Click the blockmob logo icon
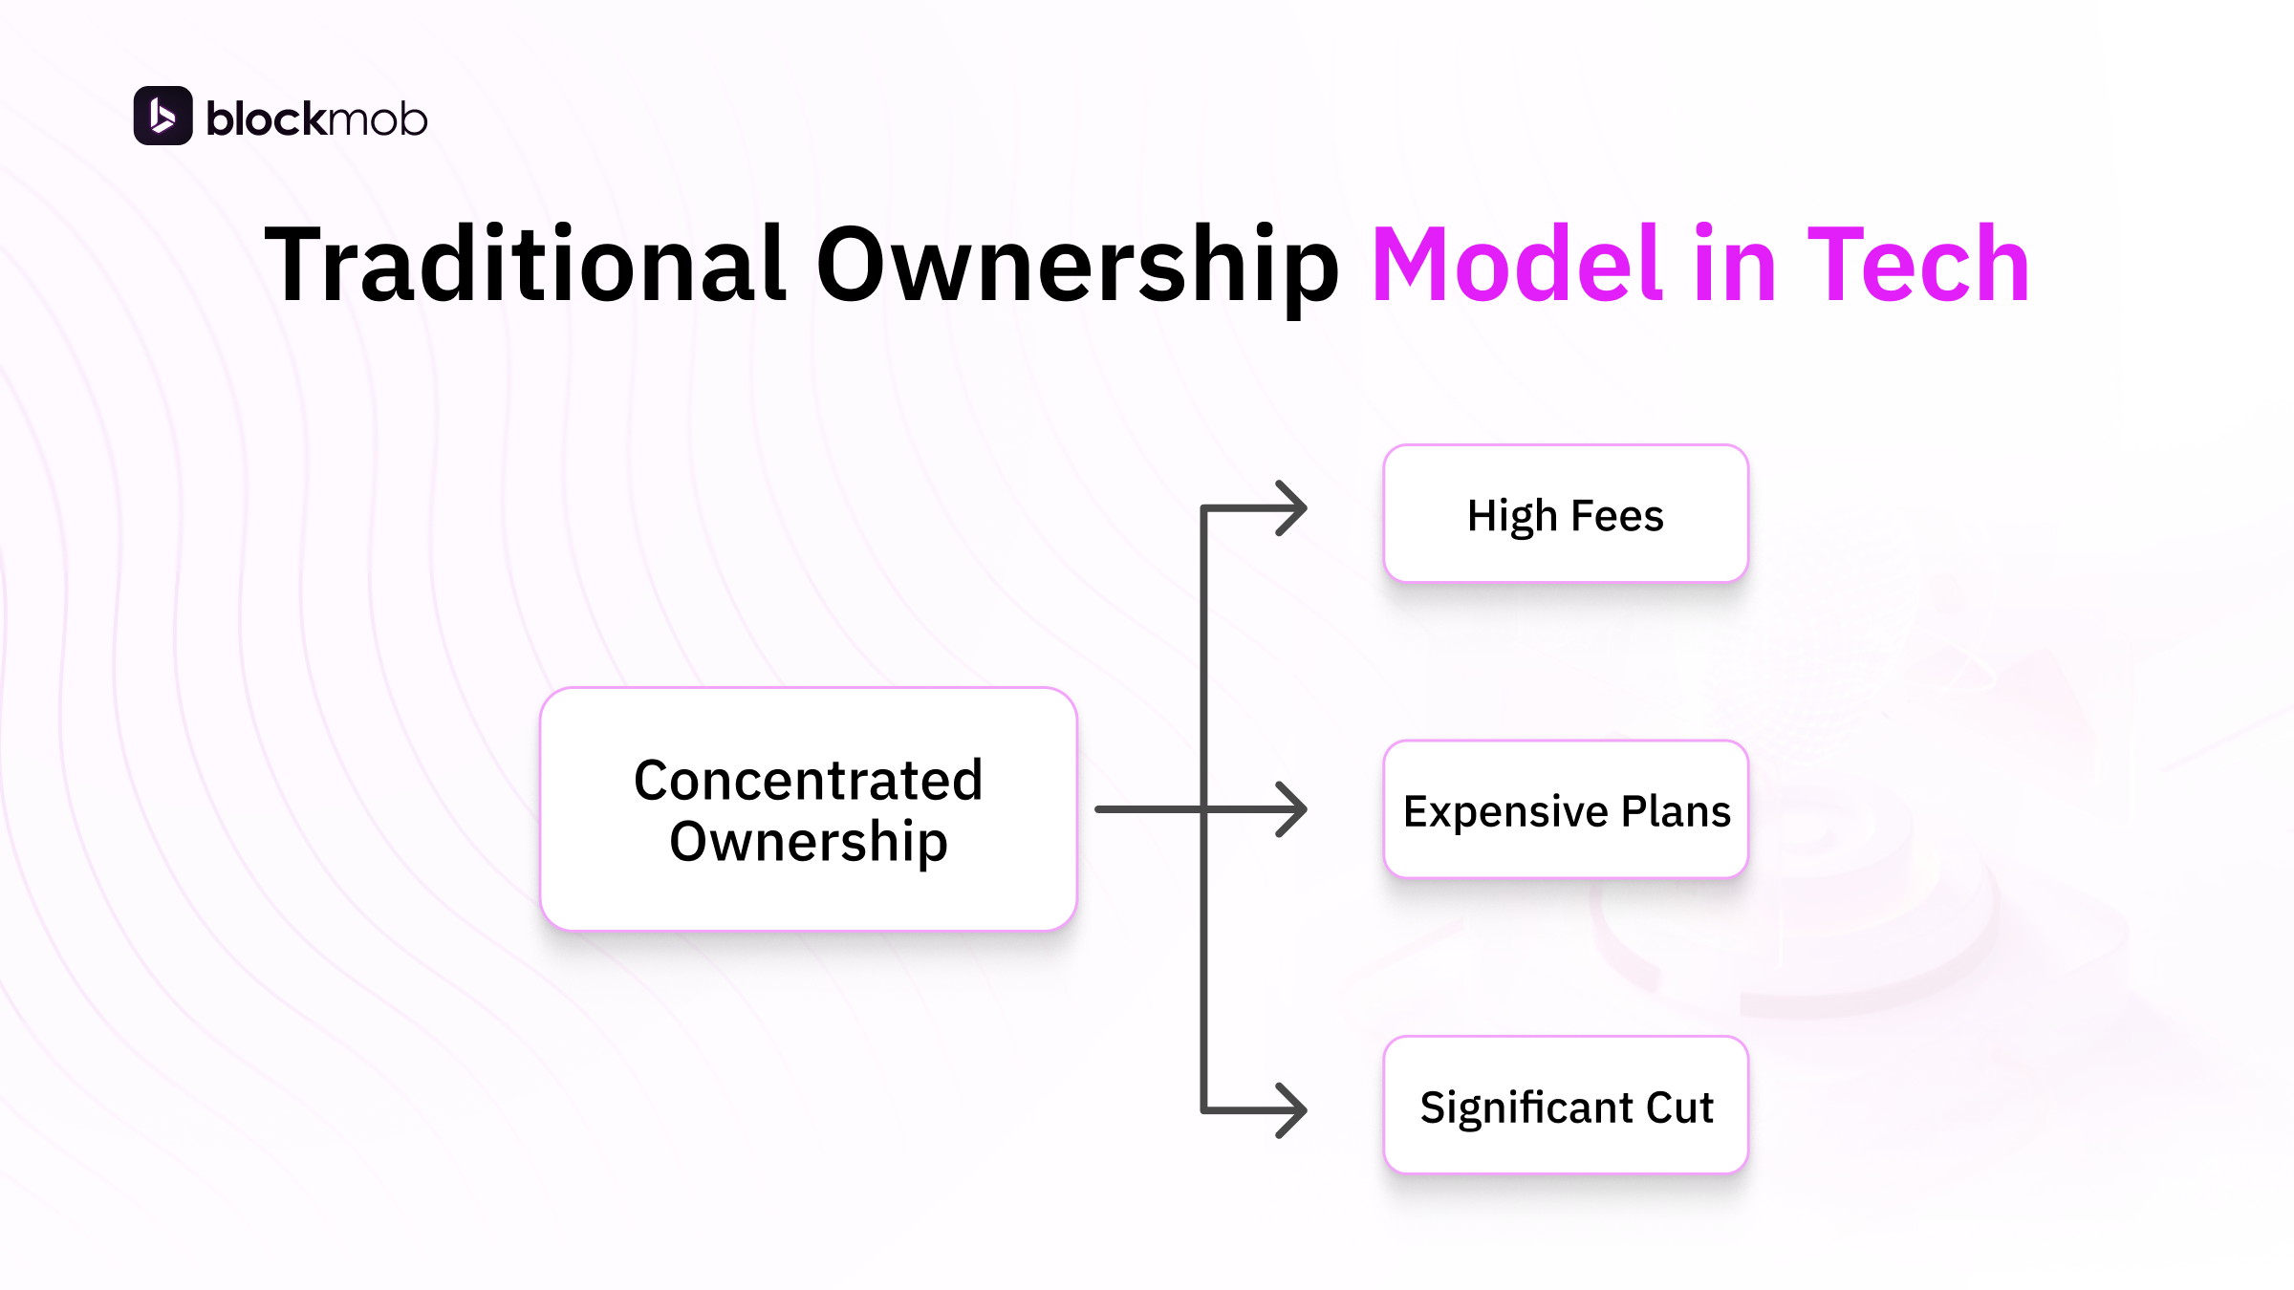pos(162,116)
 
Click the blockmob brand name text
pos(316,119)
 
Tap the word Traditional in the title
pos(525,265)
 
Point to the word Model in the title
pos(1517,265)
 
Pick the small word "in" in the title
pos(1734,265)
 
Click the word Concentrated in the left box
pos(808,780)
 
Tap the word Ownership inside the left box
pos(808,842)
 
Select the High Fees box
pos(1566,514)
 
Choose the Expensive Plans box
pos(1566,809)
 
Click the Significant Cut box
pos(1566,1106)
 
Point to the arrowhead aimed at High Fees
pos(1292,508)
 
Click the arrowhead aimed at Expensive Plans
pos(1292,809)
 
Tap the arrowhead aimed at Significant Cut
pos(1292,1110)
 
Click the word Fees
pos(1617,516)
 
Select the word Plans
pos(1676,811)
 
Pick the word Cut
pos(1679,1107)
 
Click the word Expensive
pos(1505,812)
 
